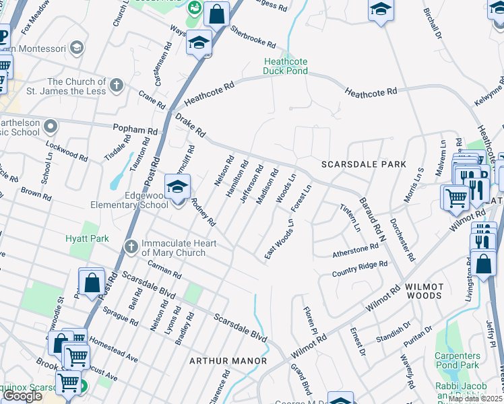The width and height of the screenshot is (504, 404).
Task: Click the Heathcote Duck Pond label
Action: [285, 66]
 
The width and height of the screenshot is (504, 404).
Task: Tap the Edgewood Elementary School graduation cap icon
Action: [177, 187]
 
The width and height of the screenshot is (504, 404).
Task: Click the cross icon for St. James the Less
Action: [117, 86]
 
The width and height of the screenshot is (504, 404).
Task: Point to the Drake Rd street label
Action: [189, 125]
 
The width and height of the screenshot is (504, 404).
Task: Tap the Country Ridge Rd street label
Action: [360, 269]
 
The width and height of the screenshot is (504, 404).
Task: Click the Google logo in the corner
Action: [22, 396]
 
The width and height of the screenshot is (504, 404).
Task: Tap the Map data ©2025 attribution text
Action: [475, 399]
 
